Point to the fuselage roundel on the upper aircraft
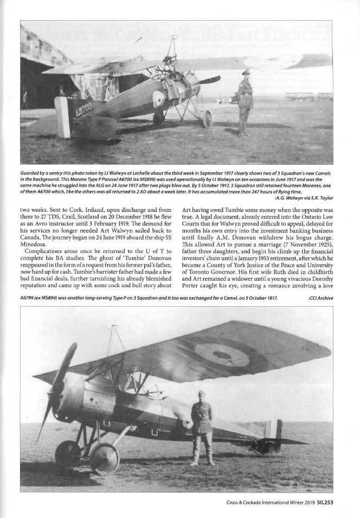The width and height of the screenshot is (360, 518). [158, 99]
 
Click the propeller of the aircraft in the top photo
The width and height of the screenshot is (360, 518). [209, 80]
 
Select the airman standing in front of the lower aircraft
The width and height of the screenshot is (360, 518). [202, 427]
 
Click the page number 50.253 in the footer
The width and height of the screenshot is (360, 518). [325, 502]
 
